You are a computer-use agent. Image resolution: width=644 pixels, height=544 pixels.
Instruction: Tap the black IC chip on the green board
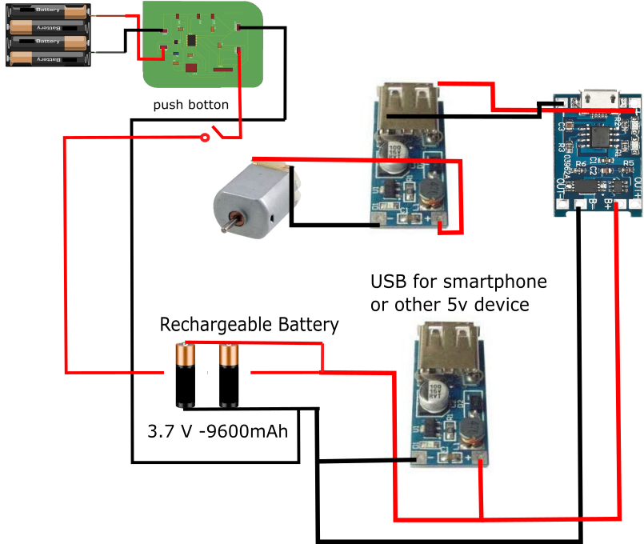click(192, 40)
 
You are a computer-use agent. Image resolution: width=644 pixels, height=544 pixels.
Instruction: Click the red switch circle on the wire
click(205, 138)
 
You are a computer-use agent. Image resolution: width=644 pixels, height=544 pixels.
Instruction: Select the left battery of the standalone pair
click(186, 375)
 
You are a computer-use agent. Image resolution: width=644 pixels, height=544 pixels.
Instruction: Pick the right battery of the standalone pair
click(229, 375)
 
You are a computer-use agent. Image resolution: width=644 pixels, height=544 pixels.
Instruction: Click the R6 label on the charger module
click(582, 164)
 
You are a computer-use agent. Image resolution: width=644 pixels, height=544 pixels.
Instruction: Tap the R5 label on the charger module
click(627, 163)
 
